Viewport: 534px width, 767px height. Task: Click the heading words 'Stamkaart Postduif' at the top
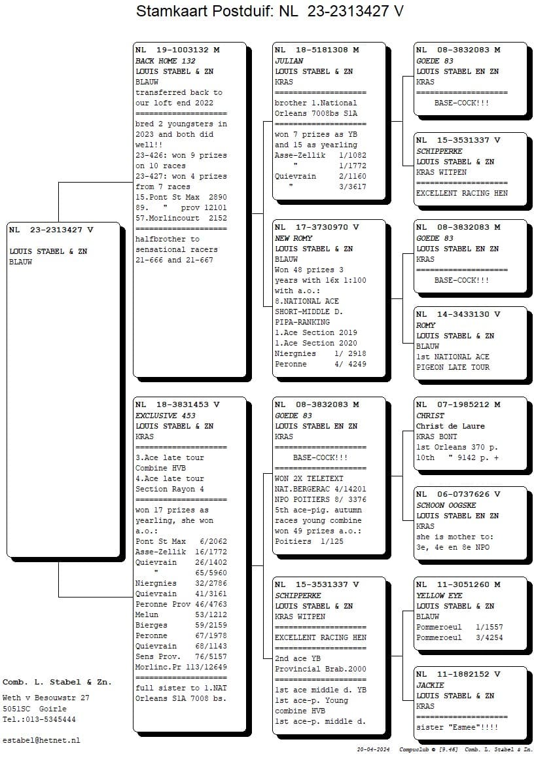[x=205, y=11]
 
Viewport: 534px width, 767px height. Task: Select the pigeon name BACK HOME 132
[x=166, y=61]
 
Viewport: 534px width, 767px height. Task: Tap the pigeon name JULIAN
[x=289, y=61]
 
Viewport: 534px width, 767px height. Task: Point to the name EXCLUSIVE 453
[x=166, y=416]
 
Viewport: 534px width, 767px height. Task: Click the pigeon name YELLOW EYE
[x=439, y=596]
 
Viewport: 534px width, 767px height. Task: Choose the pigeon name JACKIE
[x=430, y=685]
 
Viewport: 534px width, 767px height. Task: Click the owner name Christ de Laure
[x=450, y=426]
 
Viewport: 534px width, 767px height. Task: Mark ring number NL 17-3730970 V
[x=317, y=227]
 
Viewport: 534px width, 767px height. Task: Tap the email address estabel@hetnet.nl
[x=41, y=740]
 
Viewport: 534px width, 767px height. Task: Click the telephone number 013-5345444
[x=50, y=719]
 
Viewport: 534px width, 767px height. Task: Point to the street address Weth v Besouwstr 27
[x=46, y=698]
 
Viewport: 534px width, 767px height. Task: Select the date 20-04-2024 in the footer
[x=373, y=750]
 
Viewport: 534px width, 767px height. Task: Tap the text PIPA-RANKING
[x=302, y=322]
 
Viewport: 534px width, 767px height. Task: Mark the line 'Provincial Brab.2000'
[x=321, y=669]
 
